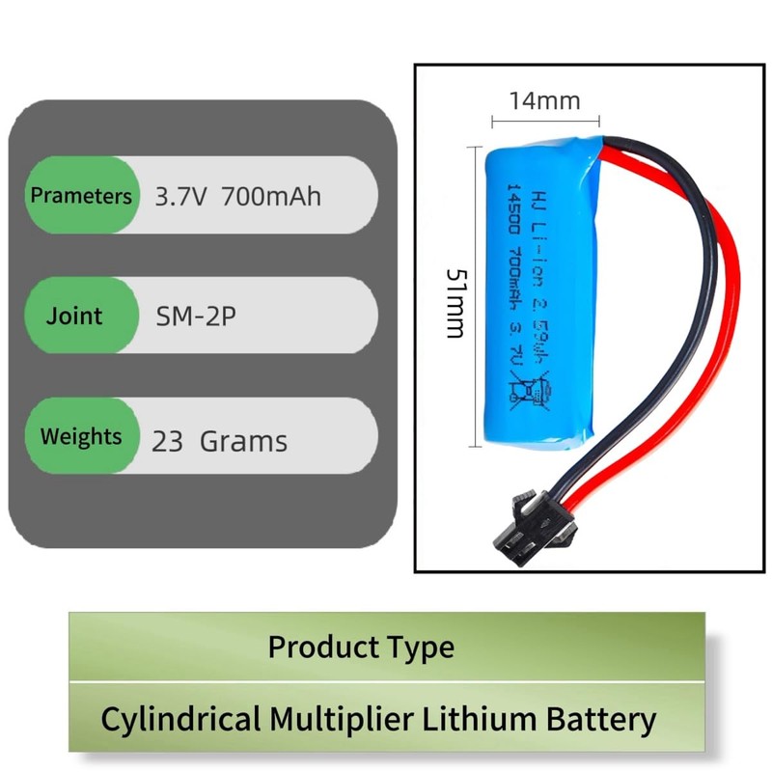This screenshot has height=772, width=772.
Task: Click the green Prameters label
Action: pos(81,196)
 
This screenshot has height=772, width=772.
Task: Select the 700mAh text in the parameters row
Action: pos(271,197)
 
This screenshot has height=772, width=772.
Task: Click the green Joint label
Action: pos(74,317)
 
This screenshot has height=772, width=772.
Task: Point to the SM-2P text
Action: pos(195,317)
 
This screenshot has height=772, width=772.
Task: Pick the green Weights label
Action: pos(81,436)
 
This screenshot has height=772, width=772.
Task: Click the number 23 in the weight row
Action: pos(167,442)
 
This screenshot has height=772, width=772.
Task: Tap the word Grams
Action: pos(243,442)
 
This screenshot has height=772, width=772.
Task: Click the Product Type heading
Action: pos(360,646)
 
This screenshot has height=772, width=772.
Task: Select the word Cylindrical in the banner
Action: pos(180,719)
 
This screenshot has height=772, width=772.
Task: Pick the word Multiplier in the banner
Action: pos(345,719)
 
